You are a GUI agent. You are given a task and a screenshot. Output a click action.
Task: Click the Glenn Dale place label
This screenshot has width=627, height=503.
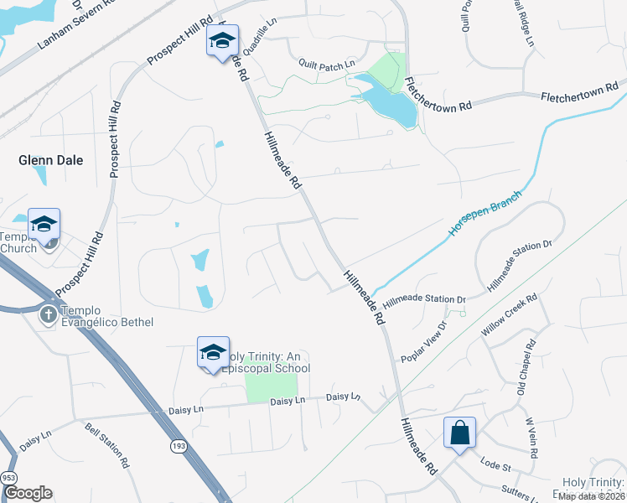pos(51,160)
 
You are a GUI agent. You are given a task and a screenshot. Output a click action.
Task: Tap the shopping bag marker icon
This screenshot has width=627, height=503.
pos(459,433)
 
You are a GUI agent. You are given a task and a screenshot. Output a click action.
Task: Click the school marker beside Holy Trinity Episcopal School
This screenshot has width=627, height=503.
pos(213,352)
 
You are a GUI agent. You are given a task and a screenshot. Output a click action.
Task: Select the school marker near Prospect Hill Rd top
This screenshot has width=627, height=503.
pos(223,41)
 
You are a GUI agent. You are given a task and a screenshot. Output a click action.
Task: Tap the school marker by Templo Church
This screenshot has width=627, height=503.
pos(44,225)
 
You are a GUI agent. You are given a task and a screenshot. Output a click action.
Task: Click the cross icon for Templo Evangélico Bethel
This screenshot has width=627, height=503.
pos(49,314)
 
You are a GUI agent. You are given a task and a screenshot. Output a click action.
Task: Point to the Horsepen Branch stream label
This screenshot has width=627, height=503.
pos(485,213)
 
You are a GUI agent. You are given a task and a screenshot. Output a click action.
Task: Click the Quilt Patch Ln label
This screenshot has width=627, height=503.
pos(327,64)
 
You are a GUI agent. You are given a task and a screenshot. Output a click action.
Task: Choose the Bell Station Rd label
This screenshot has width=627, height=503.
pos(106,445)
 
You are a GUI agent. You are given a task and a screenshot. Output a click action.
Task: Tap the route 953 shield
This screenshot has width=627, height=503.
pos(9,476)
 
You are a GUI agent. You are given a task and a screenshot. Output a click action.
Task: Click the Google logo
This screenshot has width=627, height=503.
pos(28,493)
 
